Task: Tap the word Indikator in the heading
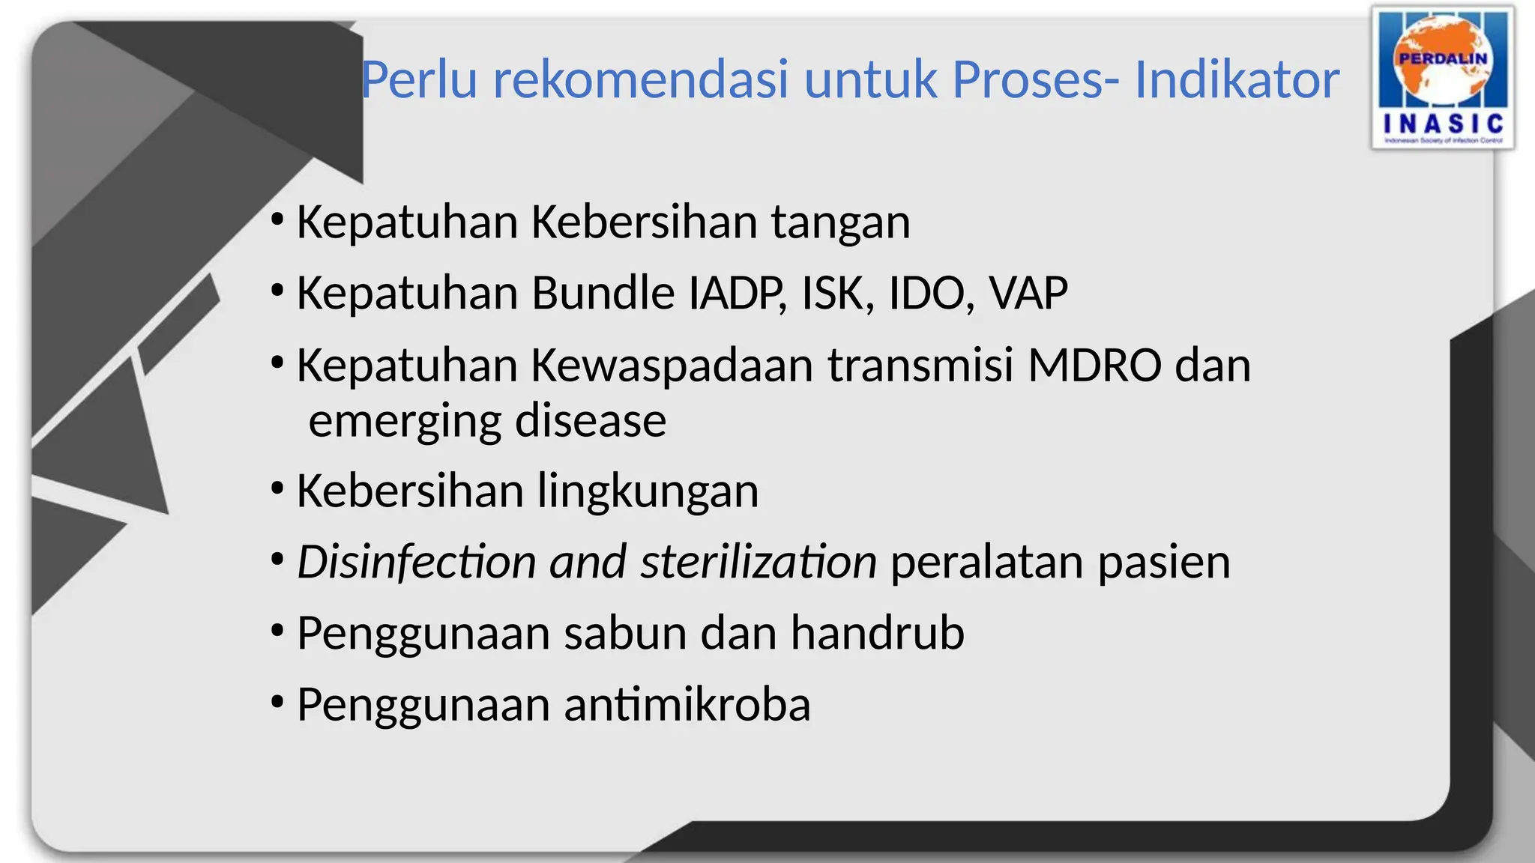[x=1237, y=79]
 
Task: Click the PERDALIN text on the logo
[x=1443, y=58]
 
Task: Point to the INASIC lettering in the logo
[x=1443, y=124]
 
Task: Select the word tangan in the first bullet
[x=840, y=223]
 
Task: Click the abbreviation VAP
[x=1028, y=293]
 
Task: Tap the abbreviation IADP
[x=738, y=293]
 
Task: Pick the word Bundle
[x=603, y=293]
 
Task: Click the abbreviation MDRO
[x=1094, y=366]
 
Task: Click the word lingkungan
[x=648, y=491]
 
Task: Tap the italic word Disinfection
[x=417, y=562]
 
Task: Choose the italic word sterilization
[x=759, y=562]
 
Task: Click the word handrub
[x=878, y=633]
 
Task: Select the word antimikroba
[x=687, y=705]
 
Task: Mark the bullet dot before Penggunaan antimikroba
[x=277, y=703]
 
